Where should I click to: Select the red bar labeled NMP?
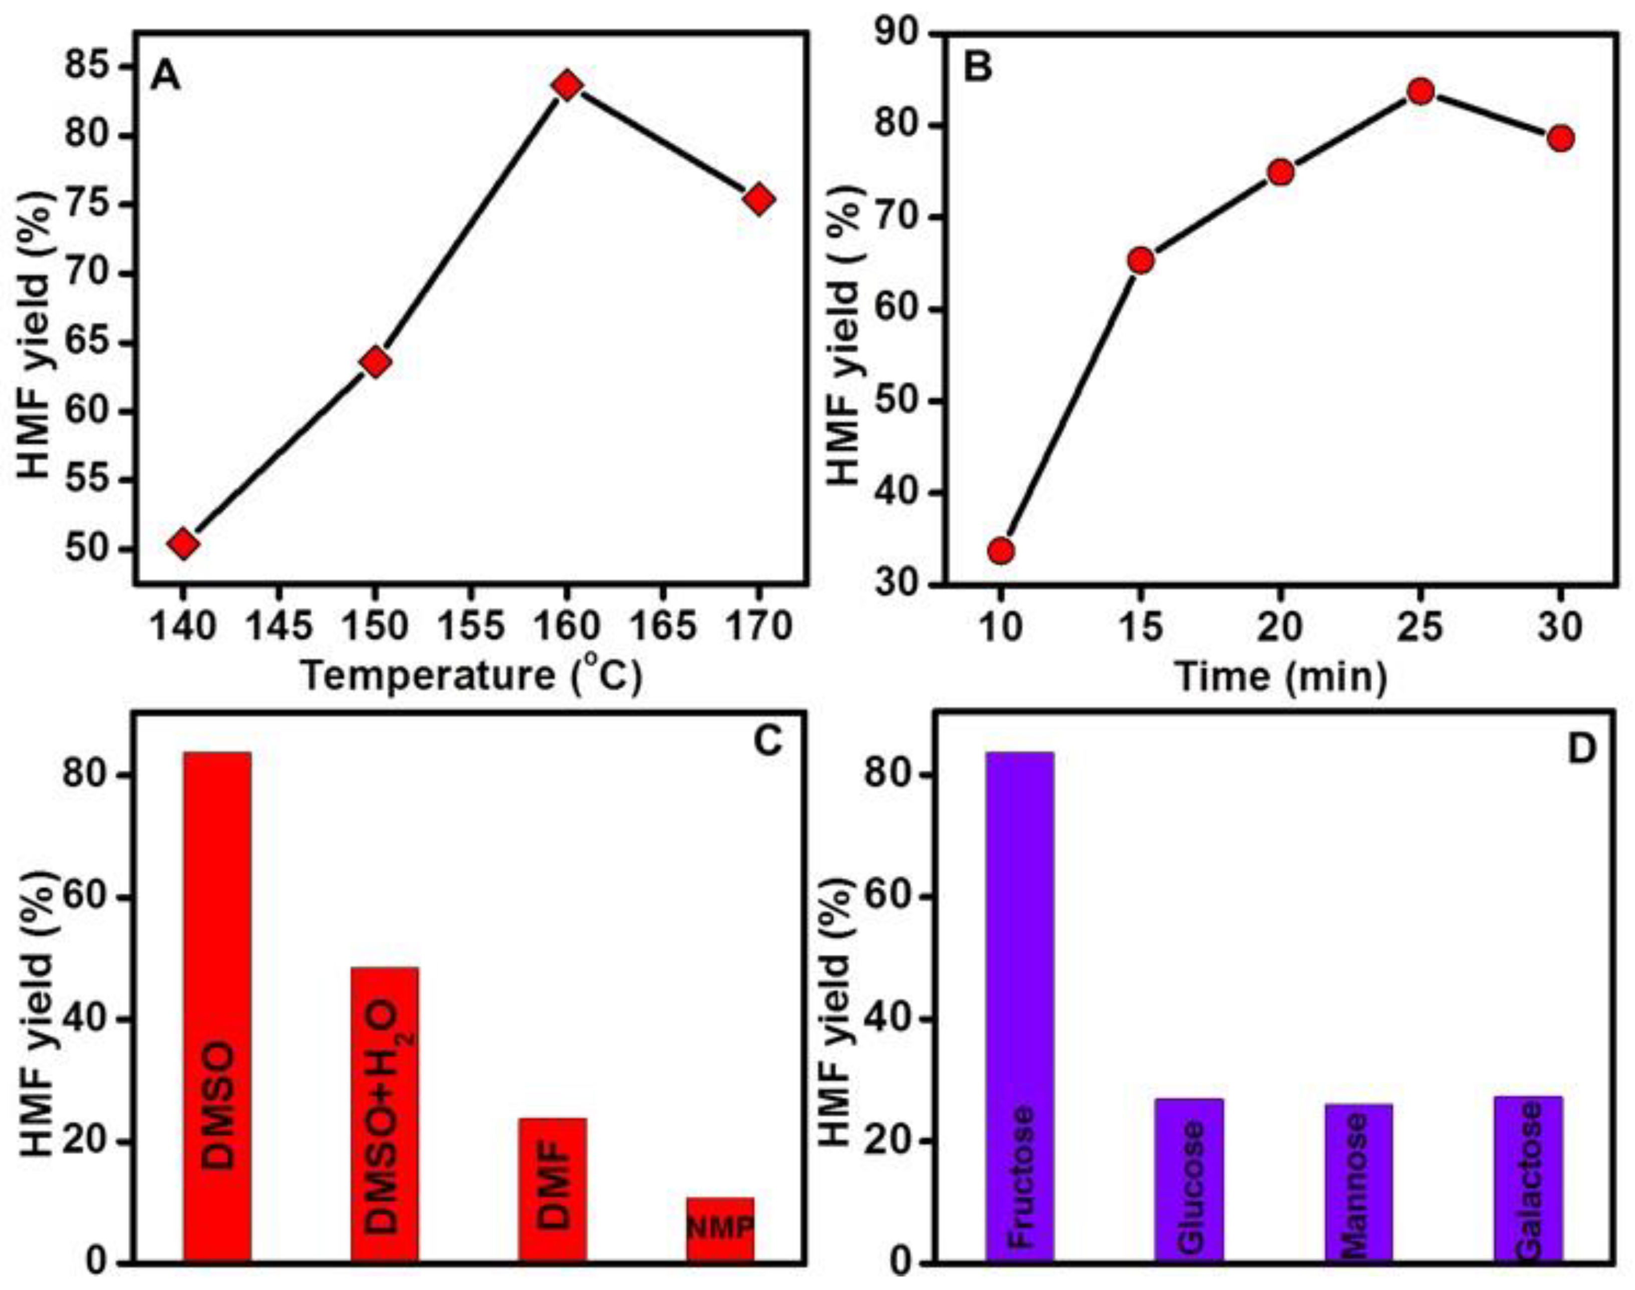[x=720, y=1231]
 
